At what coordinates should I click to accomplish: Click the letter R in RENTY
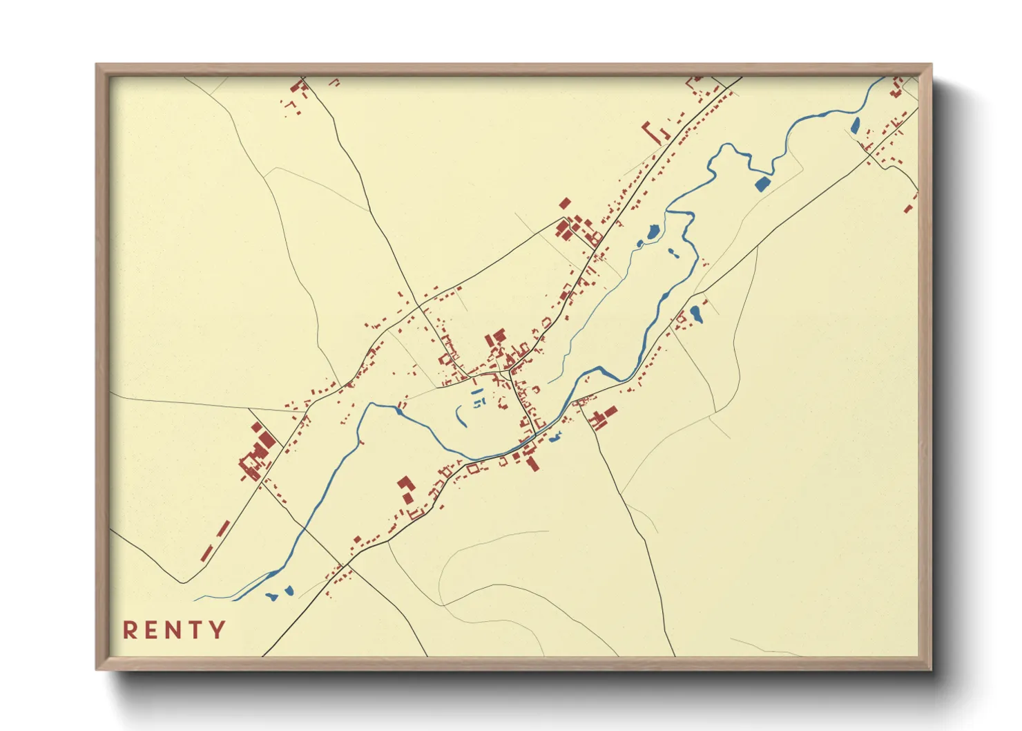click(x=130, y=630)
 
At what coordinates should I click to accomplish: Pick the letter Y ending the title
click(x=218, y=630)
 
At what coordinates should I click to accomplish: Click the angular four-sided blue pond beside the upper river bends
click(x=762, y=183)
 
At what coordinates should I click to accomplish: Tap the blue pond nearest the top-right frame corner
click(x=855, y=126)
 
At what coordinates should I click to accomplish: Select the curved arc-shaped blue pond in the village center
click(x=459, y=417)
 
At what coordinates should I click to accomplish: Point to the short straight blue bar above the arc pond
click(x=477, y=392)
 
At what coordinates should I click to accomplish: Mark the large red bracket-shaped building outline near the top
click(x=653, y=131)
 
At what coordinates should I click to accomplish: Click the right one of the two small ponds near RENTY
click(x=289, y=591)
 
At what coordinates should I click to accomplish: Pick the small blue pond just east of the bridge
click(x=555, y=436)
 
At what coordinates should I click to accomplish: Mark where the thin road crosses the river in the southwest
click(x=302, y=529)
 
